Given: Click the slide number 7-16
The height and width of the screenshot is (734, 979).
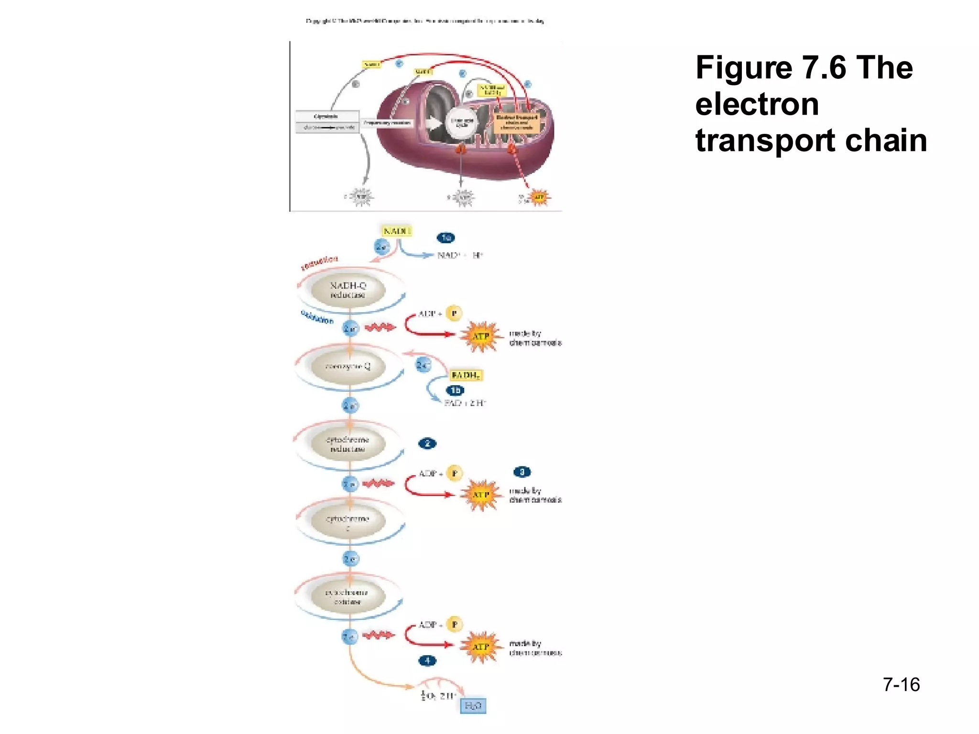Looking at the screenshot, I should point(901,685).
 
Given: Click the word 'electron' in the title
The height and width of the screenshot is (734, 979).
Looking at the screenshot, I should point(757,104).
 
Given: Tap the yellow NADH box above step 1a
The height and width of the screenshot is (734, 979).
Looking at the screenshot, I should point(396,231).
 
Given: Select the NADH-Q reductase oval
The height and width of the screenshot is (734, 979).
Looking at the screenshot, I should point(348,290).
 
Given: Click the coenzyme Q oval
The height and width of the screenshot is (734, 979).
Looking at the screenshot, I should point(348,367).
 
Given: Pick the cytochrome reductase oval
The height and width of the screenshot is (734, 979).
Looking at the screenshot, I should point(348,444).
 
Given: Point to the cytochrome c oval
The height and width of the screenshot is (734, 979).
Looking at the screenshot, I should point(348,522).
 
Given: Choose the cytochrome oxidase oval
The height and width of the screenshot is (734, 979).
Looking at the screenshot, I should point(348,597).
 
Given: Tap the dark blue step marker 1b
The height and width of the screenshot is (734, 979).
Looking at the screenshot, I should point(455,390).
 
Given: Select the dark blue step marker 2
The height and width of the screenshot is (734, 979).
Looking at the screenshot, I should point(427,443).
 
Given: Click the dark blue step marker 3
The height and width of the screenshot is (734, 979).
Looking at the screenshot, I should point(522,472).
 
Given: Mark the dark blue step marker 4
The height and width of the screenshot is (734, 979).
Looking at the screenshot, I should point(427,660).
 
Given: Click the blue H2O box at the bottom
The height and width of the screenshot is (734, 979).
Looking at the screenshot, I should point(473,706).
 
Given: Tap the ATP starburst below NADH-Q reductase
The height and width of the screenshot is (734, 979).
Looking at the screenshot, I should point(481,336).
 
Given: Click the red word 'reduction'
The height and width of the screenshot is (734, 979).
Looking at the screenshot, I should point(319,262).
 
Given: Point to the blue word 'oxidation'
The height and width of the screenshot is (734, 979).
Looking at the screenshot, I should point(317,317).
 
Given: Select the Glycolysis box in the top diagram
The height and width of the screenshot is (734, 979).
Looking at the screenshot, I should point(326,116).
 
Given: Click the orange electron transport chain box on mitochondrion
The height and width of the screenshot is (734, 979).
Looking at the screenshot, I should point(517,123).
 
